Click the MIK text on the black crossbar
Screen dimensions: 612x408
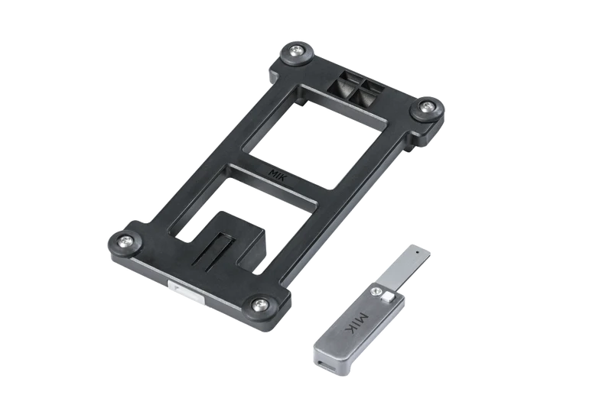[x=278, y=174]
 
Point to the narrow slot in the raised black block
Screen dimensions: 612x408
[x=217, y=251]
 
